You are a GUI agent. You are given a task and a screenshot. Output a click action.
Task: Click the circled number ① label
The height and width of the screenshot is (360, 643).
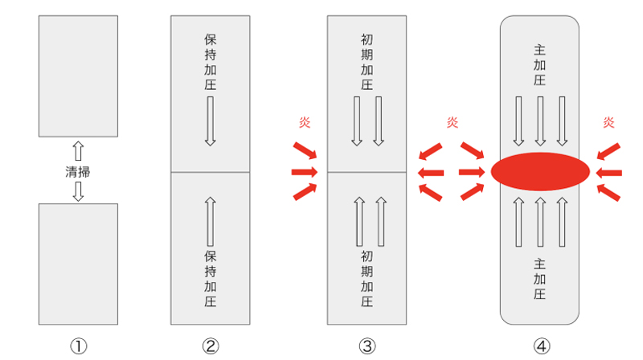pos(78,346)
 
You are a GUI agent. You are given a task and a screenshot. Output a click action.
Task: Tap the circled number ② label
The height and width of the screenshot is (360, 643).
pos(210,346)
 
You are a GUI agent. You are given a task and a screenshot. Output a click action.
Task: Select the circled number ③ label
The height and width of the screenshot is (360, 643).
pos(367,346)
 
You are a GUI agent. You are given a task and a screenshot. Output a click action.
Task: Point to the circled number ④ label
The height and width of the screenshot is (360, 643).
pos(540,346)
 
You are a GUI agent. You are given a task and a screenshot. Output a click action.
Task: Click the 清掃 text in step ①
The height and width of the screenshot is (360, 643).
pos(78,171)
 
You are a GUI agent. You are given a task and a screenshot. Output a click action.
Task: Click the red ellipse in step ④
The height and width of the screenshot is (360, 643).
pos(540,171)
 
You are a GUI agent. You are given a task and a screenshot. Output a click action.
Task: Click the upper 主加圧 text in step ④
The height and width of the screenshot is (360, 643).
pos(540,65)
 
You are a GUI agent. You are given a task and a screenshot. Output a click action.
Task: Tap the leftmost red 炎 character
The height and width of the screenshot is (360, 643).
pos(304,123)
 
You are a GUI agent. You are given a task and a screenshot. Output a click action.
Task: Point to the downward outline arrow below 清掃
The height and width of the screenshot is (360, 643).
pos(78,190)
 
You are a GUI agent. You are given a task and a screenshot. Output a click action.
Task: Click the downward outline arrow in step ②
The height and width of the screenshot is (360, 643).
pos(210,121)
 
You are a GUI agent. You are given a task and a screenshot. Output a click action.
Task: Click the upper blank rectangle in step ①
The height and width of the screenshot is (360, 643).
pos(78,76)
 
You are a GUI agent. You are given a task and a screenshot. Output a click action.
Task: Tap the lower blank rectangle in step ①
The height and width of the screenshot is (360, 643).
pos(78,264)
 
